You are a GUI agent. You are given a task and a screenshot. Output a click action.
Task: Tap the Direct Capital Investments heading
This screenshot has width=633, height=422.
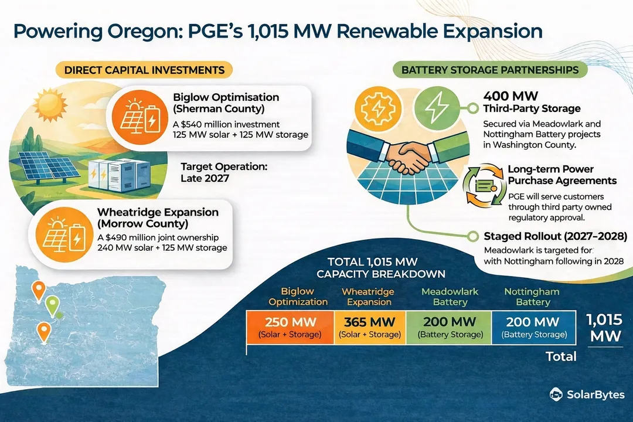click(x=144, y=70)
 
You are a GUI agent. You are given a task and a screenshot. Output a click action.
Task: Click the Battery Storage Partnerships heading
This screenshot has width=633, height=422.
click(x=489, y=70)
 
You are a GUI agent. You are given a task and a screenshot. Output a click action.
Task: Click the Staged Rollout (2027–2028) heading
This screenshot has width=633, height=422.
click(x=555, y=237)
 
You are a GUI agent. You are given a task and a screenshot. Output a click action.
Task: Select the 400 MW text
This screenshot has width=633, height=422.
click(x=510, y=96)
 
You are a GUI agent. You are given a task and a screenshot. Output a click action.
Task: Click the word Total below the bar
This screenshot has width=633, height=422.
click(x=561, y=356)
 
